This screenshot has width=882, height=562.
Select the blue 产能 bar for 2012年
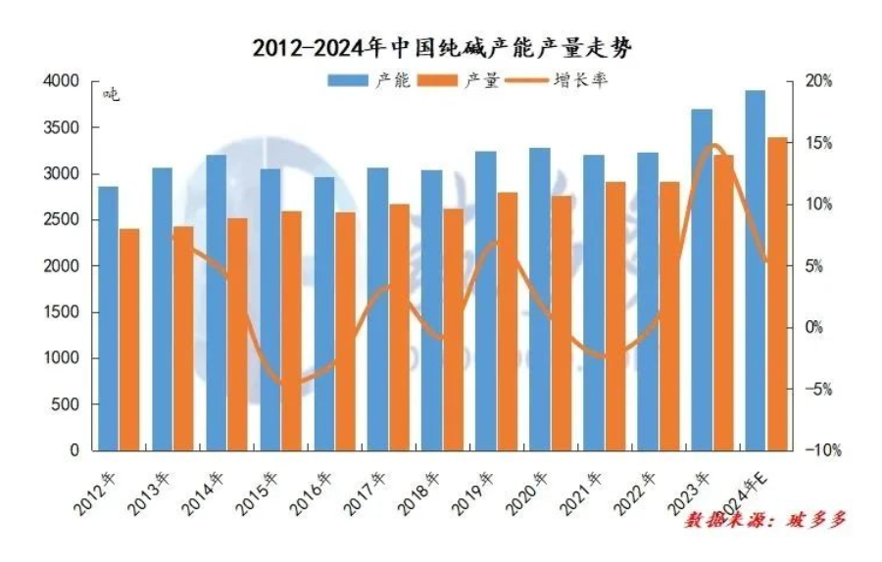[x=108, y=318]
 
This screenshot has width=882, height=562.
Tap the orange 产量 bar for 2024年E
[x=775, y=294]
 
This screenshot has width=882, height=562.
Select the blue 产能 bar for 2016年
[x=324, y=313]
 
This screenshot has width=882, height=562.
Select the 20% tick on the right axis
[x=818, y=82]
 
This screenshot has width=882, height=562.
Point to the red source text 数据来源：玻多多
[x=763, y=520]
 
